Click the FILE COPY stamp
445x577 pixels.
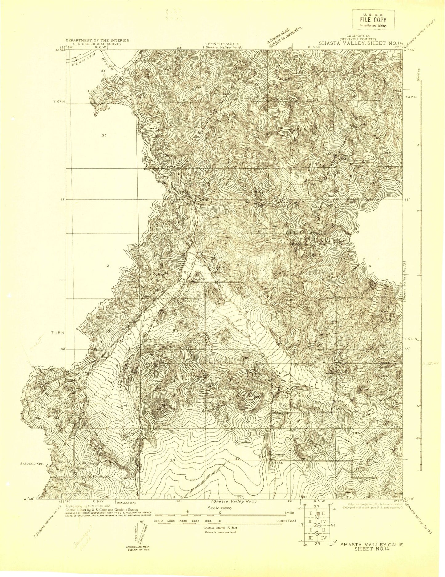click(373, 20)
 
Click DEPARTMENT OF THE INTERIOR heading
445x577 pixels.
click(97, 40)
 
